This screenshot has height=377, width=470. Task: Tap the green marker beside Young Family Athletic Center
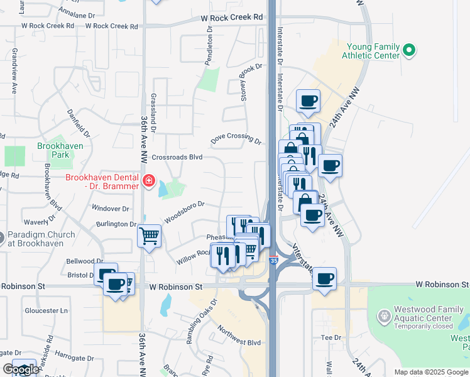tap(410, 49)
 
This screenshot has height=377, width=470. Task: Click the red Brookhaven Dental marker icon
tap(149, 182)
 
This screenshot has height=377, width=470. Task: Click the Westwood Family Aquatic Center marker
tap(384, 314)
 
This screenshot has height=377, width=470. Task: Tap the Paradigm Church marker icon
tap(1, 239)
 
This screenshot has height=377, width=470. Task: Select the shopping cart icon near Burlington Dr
tap(150, 236)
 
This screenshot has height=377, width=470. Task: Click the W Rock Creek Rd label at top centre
tap(231, 18)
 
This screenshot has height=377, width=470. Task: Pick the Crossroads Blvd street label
tap(177, 157)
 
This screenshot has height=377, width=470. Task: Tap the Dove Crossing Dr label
tap(236, 138)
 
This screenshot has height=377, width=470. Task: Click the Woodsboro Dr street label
tap(185, 212)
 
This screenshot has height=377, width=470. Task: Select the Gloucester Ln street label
tap(46, 310)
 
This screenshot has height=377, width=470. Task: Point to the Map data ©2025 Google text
tap(431, 372)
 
